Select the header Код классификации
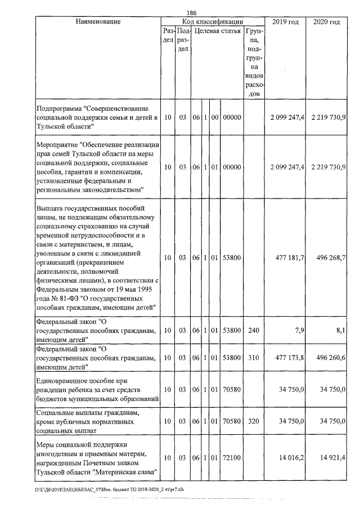(213, 21)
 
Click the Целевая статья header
(218, 31)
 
